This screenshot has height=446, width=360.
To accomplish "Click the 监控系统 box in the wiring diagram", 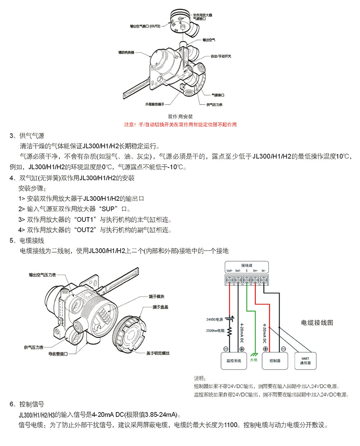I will (234, 361).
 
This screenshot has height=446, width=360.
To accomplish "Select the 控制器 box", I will (275, 361).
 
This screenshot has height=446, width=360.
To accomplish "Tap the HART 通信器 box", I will (305, 361).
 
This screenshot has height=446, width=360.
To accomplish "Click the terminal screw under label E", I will (247, 280).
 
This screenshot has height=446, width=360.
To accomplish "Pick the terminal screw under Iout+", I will (229, 280).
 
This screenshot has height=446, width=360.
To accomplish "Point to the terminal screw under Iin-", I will (264, 280).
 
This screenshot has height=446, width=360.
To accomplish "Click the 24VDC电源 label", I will (215, 320).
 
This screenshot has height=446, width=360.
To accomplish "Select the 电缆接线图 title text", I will (317, 322).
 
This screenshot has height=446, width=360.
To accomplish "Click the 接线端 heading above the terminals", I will (247, 265).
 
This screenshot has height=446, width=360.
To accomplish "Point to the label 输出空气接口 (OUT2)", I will (145, 26).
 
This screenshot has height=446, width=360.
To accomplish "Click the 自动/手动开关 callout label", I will (221, 56).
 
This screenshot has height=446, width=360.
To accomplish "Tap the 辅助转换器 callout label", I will (126, 52).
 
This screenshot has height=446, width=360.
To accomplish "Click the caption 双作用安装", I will (180, 117).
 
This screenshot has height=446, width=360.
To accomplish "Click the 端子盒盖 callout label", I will (160, 307).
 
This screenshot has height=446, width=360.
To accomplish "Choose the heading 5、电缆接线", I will (27, 240).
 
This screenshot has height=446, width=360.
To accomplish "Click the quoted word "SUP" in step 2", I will (108, 209).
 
